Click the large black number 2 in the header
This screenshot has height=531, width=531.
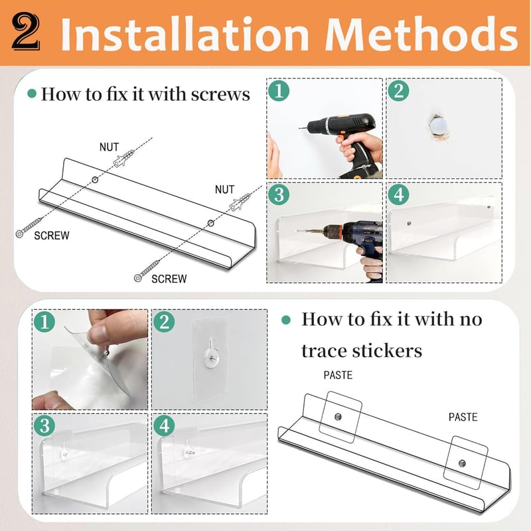point(26,32)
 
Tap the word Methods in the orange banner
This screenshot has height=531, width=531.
point(421,34)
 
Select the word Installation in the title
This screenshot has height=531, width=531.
point(185,34)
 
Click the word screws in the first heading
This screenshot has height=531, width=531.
point(220,94)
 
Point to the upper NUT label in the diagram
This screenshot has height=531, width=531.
point(109,147)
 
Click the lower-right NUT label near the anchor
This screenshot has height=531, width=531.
point(224,189)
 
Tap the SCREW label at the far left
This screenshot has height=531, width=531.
point(52,236)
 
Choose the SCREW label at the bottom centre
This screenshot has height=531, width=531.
point(169,279)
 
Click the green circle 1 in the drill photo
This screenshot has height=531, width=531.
point(279,91)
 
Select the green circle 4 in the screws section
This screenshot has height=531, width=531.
point(399,194)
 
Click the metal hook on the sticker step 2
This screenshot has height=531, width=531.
point(210,352)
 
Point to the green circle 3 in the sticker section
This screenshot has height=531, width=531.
point(44,425)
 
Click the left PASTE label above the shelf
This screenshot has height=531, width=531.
point(338,375)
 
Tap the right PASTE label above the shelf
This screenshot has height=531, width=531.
point(463,417)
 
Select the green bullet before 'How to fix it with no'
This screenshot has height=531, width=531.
point(286,320)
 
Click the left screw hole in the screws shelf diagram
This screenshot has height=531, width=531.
point(95,179)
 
